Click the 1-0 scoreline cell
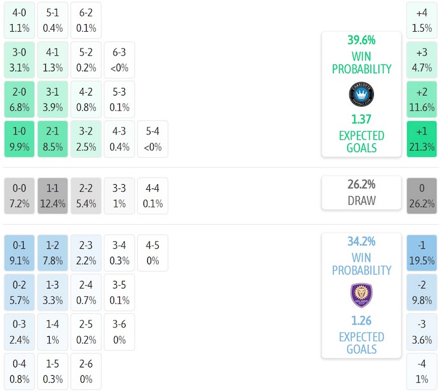[x=19, y=139]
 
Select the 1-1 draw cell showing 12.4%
[x=52, y=196]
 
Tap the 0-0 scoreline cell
[x=19, y=196]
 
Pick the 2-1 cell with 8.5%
[x=52, y=139]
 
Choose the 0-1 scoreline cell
[x=19, y=253]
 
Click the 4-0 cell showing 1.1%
[x=19, y=20]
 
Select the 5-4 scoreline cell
[x=152, y=139]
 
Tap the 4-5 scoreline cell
[x=152, y=253]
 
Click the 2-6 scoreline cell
[x=85, y=371]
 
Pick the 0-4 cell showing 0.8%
[x=19, y=371]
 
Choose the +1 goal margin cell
[x=422, y=139]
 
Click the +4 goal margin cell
[x=422, y=20]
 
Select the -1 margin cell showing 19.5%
[x=422, y=253]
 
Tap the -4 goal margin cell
[x=422, y=371]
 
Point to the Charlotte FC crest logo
[x=361, y=94]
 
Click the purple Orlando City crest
[x=361, y=295]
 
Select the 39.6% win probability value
[x=361, y=40]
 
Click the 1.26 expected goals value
[x=361, y=320]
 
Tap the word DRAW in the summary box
[x=361, y=201]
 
